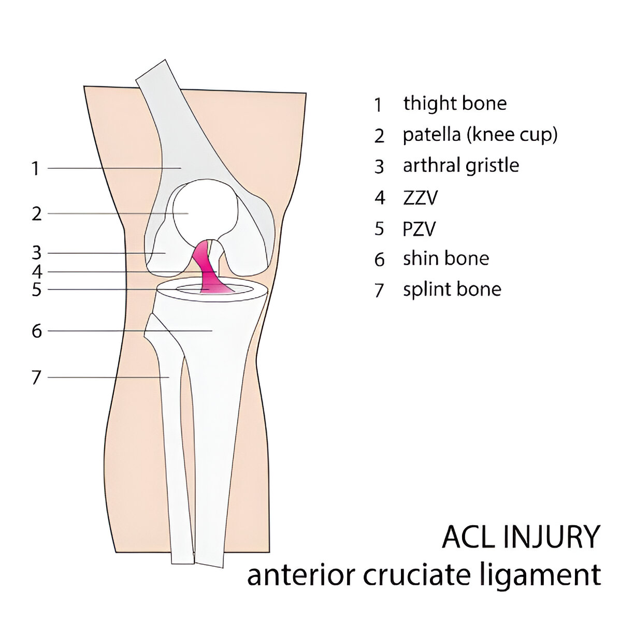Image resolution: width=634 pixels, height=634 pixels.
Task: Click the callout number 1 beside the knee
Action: (x=35, y=168)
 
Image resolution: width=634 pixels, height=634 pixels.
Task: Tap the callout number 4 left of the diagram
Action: (x=36, y=271)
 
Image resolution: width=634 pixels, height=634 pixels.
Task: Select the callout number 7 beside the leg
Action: (x=36, y=378)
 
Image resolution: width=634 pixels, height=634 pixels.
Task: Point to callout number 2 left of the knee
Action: (x=36, y=213)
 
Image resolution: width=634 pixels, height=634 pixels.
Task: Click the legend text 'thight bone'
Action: (x=455, y=104)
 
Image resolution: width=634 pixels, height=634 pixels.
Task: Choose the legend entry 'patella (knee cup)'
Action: (x=480, y=135)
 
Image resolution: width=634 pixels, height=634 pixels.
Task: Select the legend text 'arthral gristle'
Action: (x=460, y=166)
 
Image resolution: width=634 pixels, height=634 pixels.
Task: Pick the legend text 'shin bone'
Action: (x=445, y=258)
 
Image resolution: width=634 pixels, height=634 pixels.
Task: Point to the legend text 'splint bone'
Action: (x=452, y=289)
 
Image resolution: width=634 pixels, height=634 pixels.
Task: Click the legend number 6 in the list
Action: (x=380, y=259)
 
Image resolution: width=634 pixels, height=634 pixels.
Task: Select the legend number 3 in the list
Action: (x=380, y=167)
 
